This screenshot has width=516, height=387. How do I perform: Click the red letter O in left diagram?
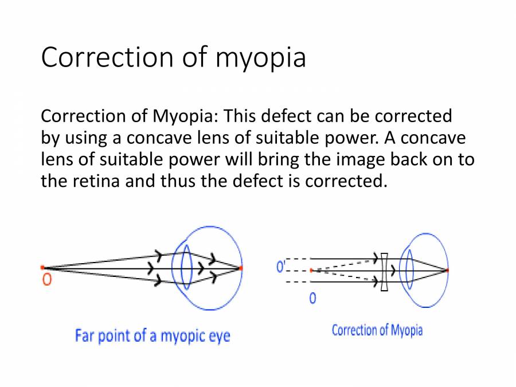pyautogui.click(x=47, y=280)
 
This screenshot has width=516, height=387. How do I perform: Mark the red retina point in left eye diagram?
pyautogui.click(x=241, y=268)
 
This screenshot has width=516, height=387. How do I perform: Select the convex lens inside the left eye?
pyautogui.click(x=185, y=267)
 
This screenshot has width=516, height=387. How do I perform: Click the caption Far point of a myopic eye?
pyautogui.click(x=152, y=335)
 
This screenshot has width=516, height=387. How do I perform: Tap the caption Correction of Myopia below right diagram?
pyautogui.click(x=377, y=330)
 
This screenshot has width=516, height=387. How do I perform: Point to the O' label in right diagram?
pyautogui.click(x=281, y=267)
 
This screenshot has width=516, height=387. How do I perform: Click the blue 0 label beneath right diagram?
pyautogui.click(x=312, y=299)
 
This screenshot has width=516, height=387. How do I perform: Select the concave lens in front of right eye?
pyautogui.click(x=385, y=270)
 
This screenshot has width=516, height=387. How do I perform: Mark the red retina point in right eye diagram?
pyautogui.click(x=447, y=269)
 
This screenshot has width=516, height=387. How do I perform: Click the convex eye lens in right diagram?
pyautogui.click(x=409, y=269)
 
